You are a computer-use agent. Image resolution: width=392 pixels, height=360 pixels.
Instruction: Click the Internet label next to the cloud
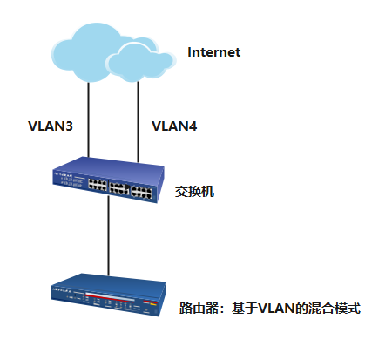pyautogui.click(x=214, y=52)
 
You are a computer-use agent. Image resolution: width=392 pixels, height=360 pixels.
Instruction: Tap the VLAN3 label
pyautogui.click(x=51, y=126)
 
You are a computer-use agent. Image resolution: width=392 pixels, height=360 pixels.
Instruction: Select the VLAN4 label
pyautogui.click(x=174, y=126)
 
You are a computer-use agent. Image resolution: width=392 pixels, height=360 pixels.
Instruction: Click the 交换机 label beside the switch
pyautogui.click(x=194, y=192)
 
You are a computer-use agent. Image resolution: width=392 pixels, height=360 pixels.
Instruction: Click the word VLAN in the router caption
pyautogui.click(x=276, y=309)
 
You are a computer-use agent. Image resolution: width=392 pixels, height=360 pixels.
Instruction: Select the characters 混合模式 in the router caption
pyautogui.click(x=335, y=309)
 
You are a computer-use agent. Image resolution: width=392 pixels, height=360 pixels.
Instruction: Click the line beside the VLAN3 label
pyautogui.click(x=89, y=119)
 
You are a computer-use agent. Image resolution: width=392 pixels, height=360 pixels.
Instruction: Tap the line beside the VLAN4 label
pyautogui.click(x=139, y=122)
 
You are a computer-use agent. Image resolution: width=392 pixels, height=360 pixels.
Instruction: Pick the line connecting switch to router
pyautogui.click(x=109, y=236)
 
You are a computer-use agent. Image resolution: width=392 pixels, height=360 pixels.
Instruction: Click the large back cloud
pyautogui.click(x=84, y=52)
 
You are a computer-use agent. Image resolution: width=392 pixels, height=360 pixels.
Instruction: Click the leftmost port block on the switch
pyautogui.click(x=98, y=185)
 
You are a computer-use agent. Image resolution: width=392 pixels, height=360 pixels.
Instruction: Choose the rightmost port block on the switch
pyautogui.click(x=142, y=192)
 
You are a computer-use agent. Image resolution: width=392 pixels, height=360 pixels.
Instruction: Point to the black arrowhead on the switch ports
pyautogui.click(x=128, y=186)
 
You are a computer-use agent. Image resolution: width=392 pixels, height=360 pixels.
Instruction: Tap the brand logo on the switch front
pyautogui.click(x=63, y=174)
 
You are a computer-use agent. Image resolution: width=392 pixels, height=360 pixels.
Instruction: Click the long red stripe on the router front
pyautogui.click(x=110, y=296)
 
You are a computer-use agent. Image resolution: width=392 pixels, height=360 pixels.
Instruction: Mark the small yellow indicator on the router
pyautogui.click(x=152, y=304)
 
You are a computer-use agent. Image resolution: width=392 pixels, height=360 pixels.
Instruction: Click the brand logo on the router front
pyautogui.click(x=62, y=289)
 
